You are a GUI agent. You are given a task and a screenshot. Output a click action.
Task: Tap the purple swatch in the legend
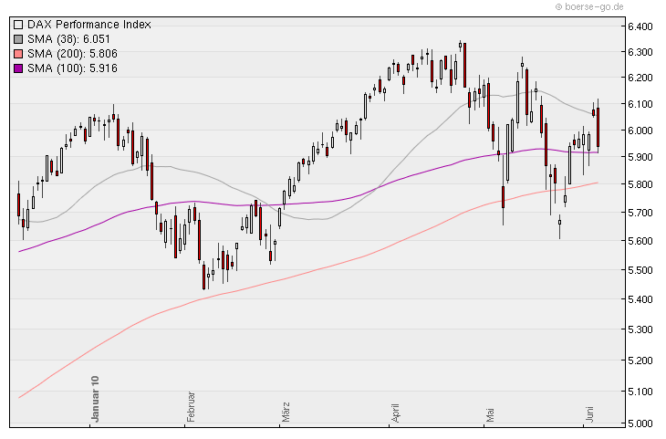coord(18,68)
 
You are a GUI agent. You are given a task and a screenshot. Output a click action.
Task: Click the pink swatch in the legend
coord(18,54)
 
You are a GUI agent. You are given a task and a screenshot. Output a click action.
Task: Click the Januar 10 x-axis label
coord(94,399)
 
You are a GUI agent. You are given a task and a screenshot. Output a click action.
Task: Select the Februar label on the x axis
coord(192,406)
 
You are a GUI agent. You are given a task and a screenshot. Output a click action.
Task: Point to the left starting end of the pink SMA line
coord(19,398)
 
